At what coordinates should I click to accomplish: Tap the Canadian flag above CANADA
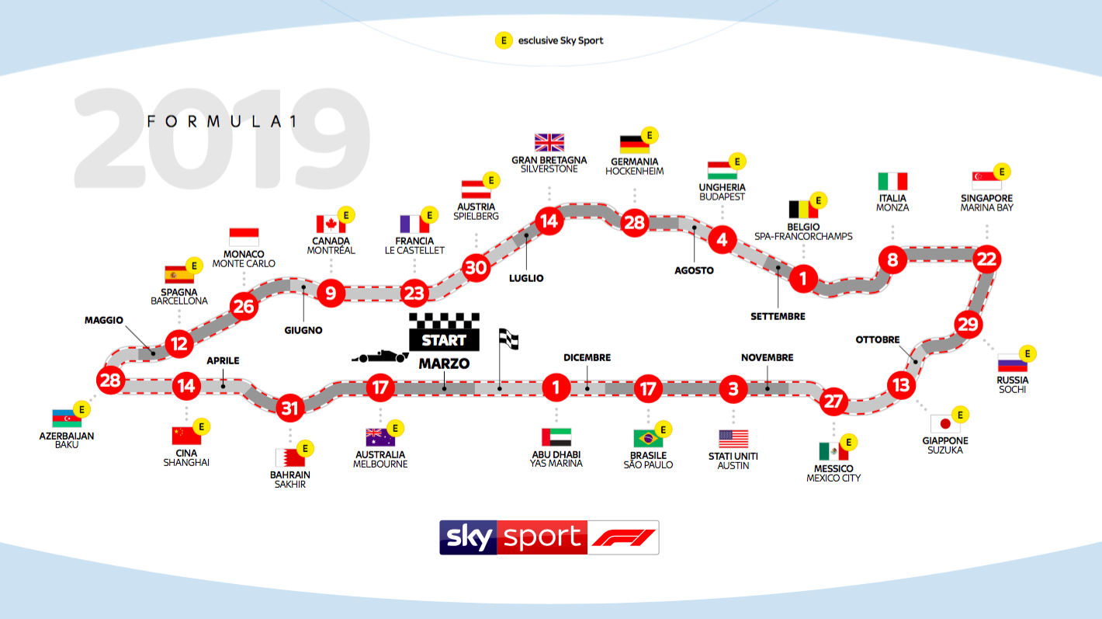point(331,224)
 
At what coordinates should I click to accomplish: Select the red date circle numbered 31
point(289,408)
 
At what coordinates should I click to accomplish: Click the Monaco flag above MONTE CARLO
point(244,237)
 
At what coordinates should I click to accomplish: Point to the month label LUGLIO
point(526,278)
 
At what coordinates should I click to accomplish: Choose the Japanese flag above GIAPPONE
point(944,424)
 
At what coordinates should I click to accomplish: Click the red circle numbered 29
point(969,325)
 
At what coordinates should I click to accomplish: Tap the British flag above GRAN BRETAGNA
point(549,143)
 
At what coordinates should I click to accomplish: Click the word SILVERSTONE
point(549,169)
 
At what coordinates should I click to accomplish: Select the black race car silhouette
point(379,356)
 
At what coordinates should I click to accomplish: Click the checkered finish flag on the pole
point(508,339)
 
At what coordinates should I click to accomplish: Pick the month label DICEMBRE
point(587,357)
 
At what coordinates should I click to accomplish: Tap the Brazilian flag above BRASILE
point(648,438)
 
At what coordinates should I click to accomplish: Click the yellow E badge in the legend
point(504,40)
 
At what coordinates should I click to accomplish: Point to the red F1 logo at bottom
point(623,537)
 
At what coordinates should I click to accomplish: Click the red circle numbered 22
point(986,259)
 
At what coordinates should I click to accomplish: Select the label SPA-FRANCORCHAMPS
point(803,236)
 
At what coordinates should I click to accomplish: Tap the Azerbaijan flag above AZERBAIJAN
point(67,419)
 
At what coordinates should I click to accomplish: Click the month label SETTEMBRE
point(778,317)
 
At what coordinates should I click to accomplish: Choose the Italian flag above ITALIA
point(892,181)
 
